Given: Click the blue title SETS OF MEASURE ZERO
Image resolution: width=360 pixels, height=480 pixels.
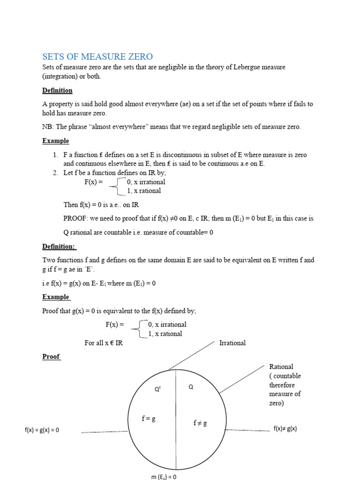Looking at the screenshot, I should coord(97,57).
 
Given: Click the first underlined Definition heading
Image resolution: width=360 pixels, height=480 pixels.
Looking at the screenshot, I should coord(57,90).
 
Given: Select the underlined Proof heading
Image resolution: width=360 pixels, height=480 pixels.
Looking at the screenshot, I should coord(51,357).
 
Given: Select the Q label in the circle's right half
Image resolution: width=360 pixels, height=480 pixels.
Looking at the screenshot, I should coord(191,387).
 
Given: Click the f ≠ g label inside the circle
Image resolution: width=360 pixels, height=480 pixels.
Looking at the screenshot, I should coord(200,423).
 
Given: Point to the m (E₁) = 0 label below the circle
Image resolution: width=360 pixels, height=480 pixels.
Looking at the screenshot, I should coord(164,477).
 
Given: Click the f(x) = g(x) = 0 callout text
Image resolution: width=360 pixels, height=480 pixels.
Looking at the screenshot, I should coord(42,430).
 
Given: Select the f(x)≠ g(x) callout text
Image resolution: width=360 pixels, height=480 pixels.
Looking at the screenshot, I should coord(285,428).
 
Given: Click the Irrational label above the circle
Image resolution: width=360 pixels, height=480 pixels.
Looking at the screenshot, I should coord(232,343).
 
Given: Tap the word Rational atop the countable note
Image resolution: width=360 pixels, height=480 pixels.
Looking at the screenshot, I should coord(281,367).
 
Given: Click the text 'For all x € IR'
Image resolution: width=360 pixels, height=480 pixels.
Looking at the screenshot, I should coord(104,343).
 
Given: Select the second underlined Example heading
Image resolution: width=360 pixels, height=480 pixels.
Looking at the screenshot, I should coord(55,297).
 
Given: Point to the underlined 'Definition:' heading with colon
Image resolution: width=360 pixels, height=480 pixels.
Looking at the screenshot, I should coord(59,246).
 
